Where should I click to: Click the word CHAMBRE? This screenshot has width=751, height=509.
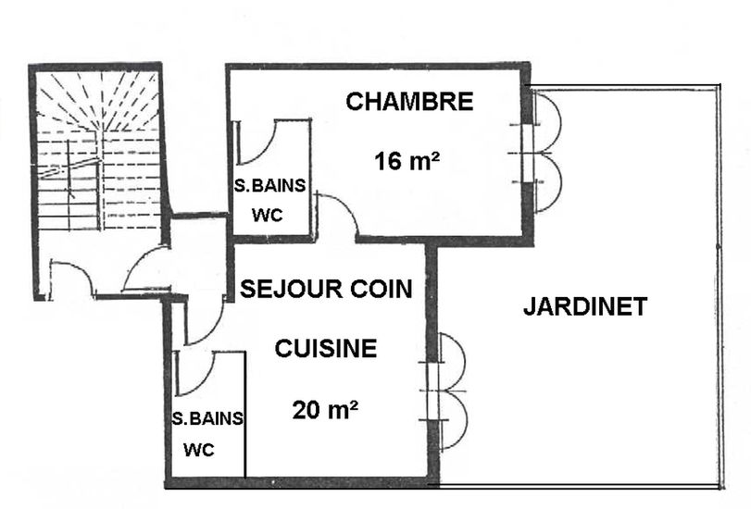pos(409,102)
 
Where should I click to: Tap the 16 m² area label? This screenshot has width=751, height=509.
pos(407,161)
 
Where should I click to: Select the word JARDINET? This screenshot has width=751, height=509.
pos(585,306)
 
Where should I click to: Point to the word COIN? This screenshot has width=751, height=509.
pos(382,289)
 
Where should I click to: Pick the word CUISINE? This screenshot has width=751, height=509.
pos(326,348)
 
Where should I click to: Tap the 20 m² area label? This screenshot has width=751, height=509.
pos(326,410)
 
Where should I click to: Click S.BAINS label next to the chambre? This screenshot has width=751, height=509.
pos(269,185)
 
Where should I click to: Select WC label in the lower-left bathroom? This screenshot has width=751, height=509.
pos(199,450)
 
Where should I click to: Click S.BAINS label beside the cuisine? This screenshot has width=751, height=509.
pos(207,419)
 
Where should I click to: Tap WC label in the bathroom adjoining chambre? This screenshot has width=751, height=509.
pos(268,216)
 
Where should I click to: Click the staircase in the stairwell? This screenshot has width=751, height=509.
pos(98,151)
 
